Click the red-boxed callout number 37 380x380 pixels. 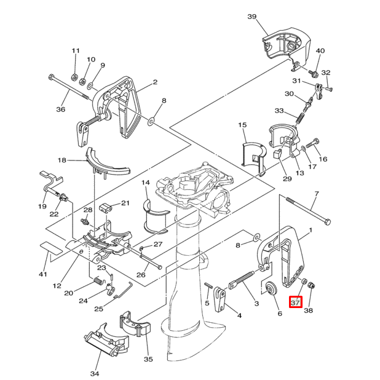pos(296,302)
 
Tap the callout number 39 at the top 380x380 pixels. pos(252,16)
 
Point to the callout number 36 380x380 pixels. pos(60,110)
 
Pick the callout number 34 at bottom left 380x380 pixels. pos(94,373)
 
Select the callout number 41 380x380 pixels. pos(42,274)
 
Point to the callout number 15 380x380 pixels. pos(242,125)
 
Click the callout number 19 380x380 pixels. pos(42,207)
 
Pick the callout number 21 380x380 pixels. pos(125,203)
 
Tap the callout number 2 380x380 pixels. pos(155,82)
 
